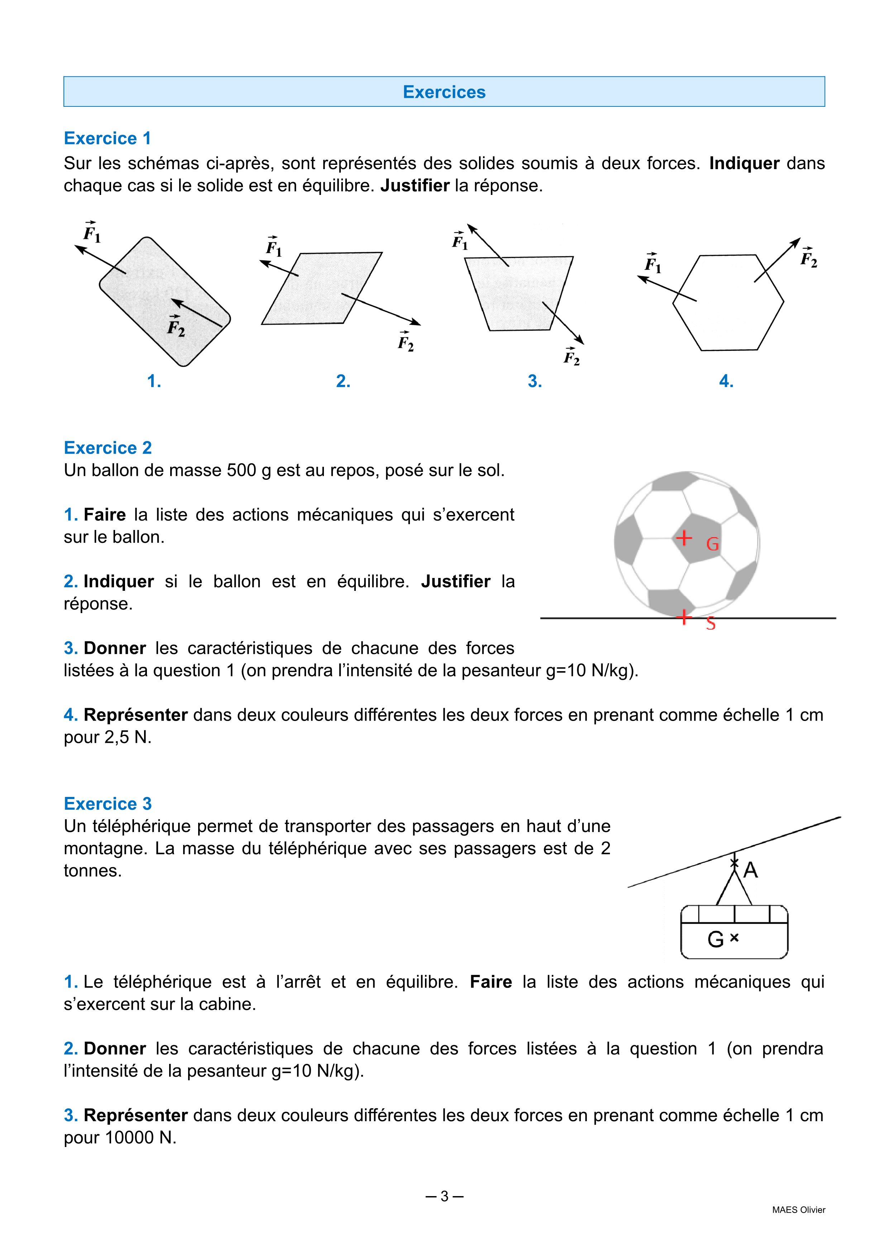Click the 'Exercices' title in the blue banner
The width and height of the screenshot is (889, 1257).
pyautogui.click(x=444, y=92)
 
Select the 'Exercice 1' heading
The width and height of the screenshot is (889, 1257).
pyautogui.click(x=107, y=138)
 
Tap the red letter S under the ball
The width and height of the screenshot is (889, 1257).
pyautogui.click(x=711, y=623)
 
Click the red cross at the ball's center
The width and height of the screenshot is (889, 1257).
pyautogui.click(x=684, y=538)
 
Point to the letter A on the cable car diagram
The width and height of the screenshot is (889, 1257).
pyautogui.click(x=750, y=870)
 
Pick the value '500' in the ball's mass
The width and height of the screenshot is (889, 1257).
pyautogui.click(x=241, y=470)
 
